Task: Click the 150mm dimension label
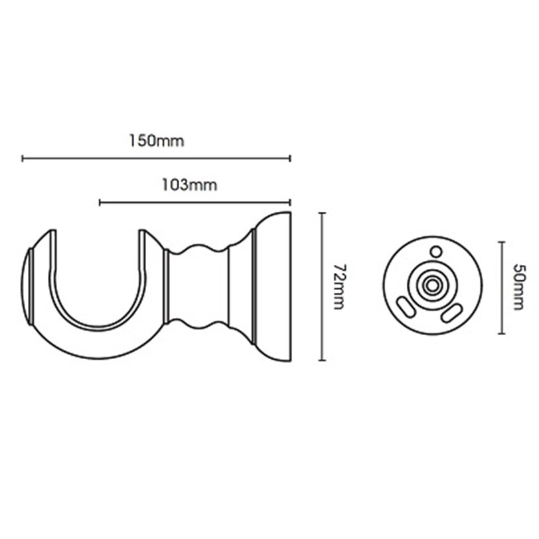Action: pos(157,141)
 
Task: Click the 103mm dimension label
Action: pos(189,185)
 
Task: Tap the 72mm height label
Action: pos(339,287)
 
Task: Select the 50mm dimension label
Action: pos(518,287)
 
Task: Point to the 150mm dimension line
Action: pos(157,159)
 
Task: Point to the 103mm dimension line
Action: pos(195,202)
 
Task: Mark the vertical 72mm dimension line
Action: pos(322,287)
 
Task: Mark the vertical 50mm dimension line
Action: pos(502,287)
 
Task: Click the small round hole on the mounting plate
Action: pos(436,252)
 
